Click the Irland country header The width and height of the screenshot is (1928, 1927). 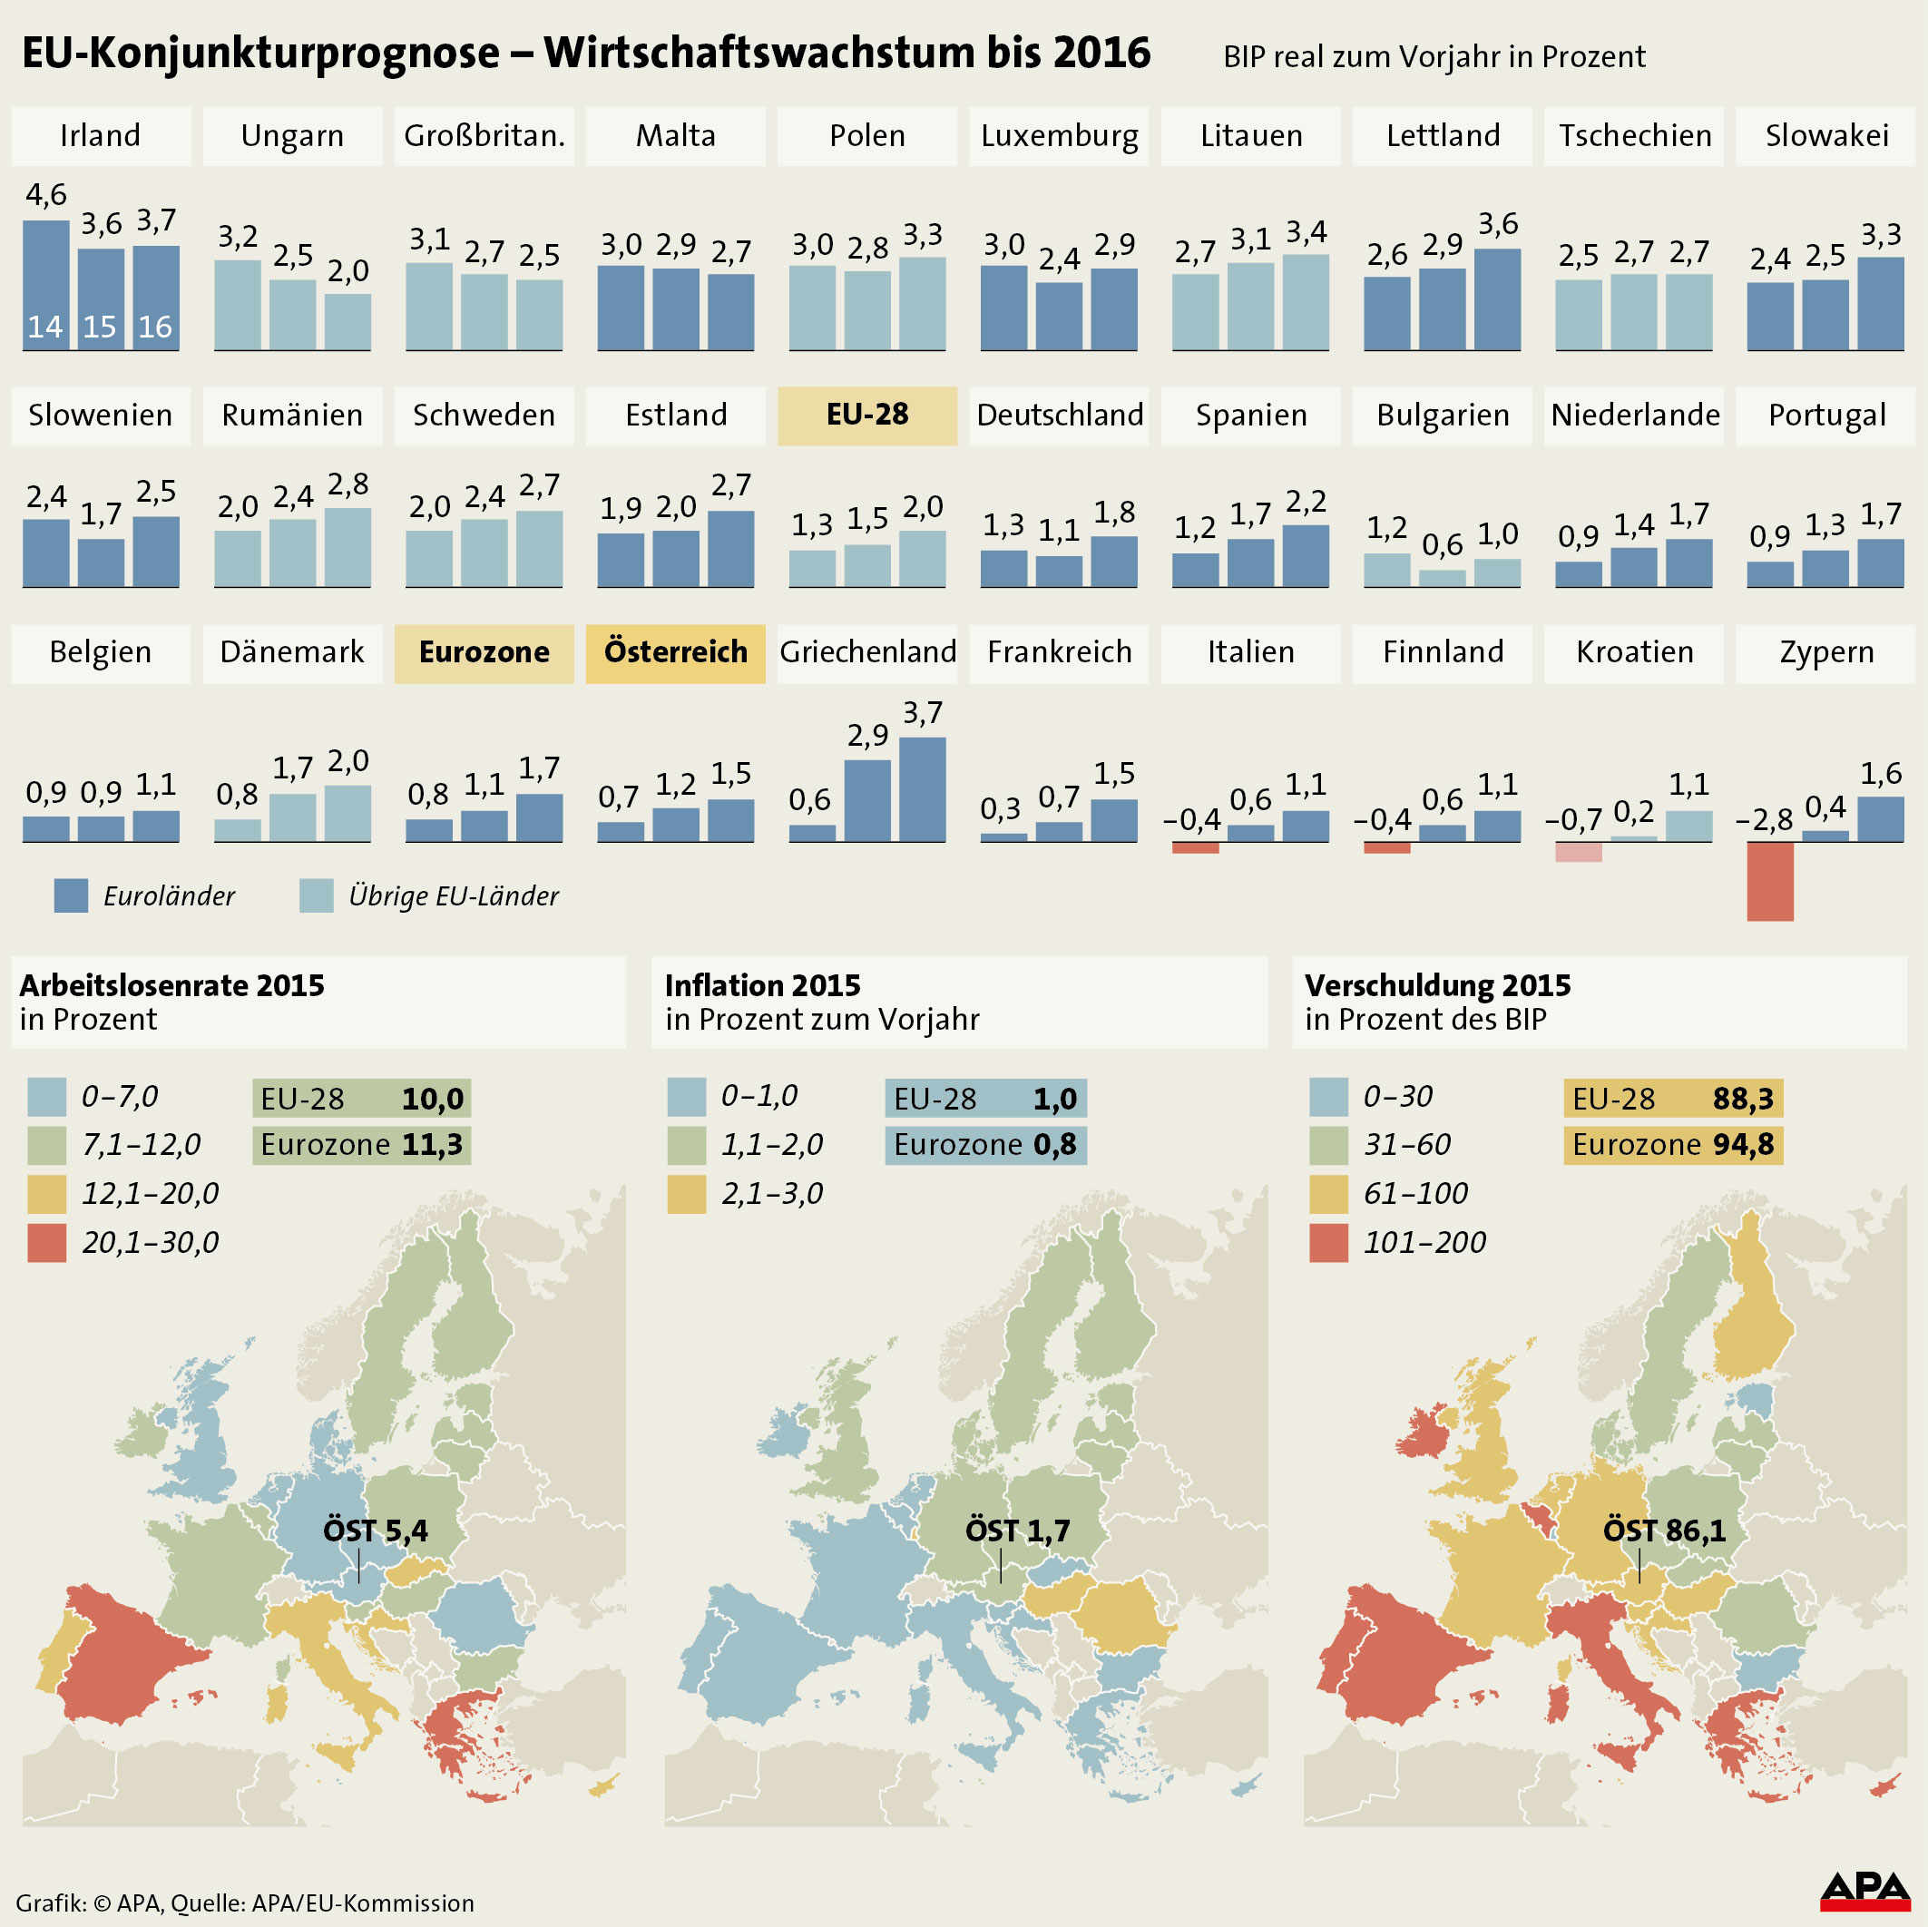tap(101, 136)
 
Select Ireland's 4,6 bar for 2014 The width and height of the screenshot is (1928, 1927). tap(46, 284)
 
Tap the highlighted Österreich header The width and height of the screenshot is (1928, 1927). tap(676, 652)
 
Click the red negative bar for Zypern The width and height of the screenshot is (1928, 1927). tap(1769, 881)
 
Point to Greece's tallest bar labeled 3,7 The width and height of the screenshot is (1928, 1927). tap(923, 789)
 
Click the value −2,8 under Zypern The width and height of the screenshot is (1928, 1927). tap(1764, 820)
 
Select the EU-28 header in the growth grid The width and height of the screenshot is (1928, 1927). tap(867, 416)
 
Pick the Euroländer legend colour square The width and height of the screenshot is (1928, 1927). tap(71, 896)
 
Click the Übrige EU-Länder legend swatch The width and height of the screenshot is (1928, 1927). tap(317, 896)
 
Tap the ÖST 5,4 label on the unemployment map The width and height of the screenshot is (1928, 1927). tap(376, 1531)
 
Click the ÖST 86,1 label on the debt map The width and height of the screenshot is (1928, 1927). tap(1664, 1531)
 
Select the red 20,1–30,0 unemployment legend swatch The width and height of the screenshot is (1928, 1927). tap(47, 1242)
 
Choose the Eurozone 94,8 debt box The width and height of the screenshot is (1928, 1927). tap(1672, 1145)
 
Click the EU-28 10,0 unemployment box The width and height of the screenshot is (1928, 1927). tap(361, 1099)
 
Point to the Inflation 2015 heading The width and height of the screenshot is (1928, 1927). tap(762, 986)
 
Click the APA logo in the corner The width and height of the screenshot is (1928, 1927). tap(1864, 1889)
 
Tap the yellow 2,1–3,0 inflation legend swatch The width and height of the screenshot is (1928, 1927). tap(687, 1194)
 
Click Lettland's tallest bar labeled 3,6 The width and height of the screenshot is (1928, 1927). tap(1498, 299)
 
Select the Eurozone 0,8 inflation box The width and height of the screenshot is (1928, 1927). tap(985, 1145)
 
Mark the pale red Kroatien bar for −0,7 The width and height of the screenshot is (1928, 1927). tap(1578, 851)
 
